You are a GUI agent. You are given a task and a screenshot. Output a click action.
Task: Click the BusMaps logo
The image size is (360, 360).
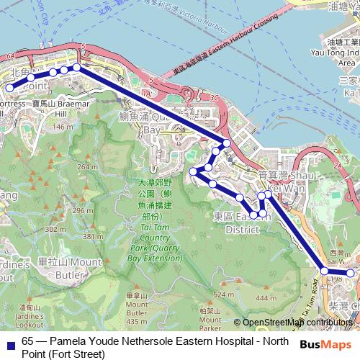pyautogui.click(x=325, y=344)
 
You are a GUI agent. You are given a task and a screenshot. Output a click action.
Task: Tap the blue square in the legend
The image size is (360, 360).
pyautogui.click(x=9, y=344)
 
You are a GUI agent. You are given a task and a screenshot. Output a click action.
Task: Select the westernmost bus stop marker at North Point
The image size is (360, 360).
pyautogui.click(x=10, y=88)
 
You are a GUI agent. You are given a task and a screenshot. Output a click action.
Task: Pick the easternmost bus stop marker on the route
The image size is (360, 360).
pyautogui.click(x=351, y=273)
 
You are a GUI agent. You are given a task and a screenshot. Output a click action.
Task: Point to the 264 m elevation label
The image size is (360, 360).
pyautogui.click(x=87, y=167)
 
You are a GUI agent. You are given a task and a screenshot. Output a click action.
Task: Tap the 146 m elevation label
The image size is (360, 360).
pyautogui.click(x=63, y=127)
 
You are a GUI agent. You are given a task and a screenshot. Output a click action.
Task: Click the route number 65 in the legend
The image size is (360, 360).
pyautogui.click(x=28, y=341)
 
